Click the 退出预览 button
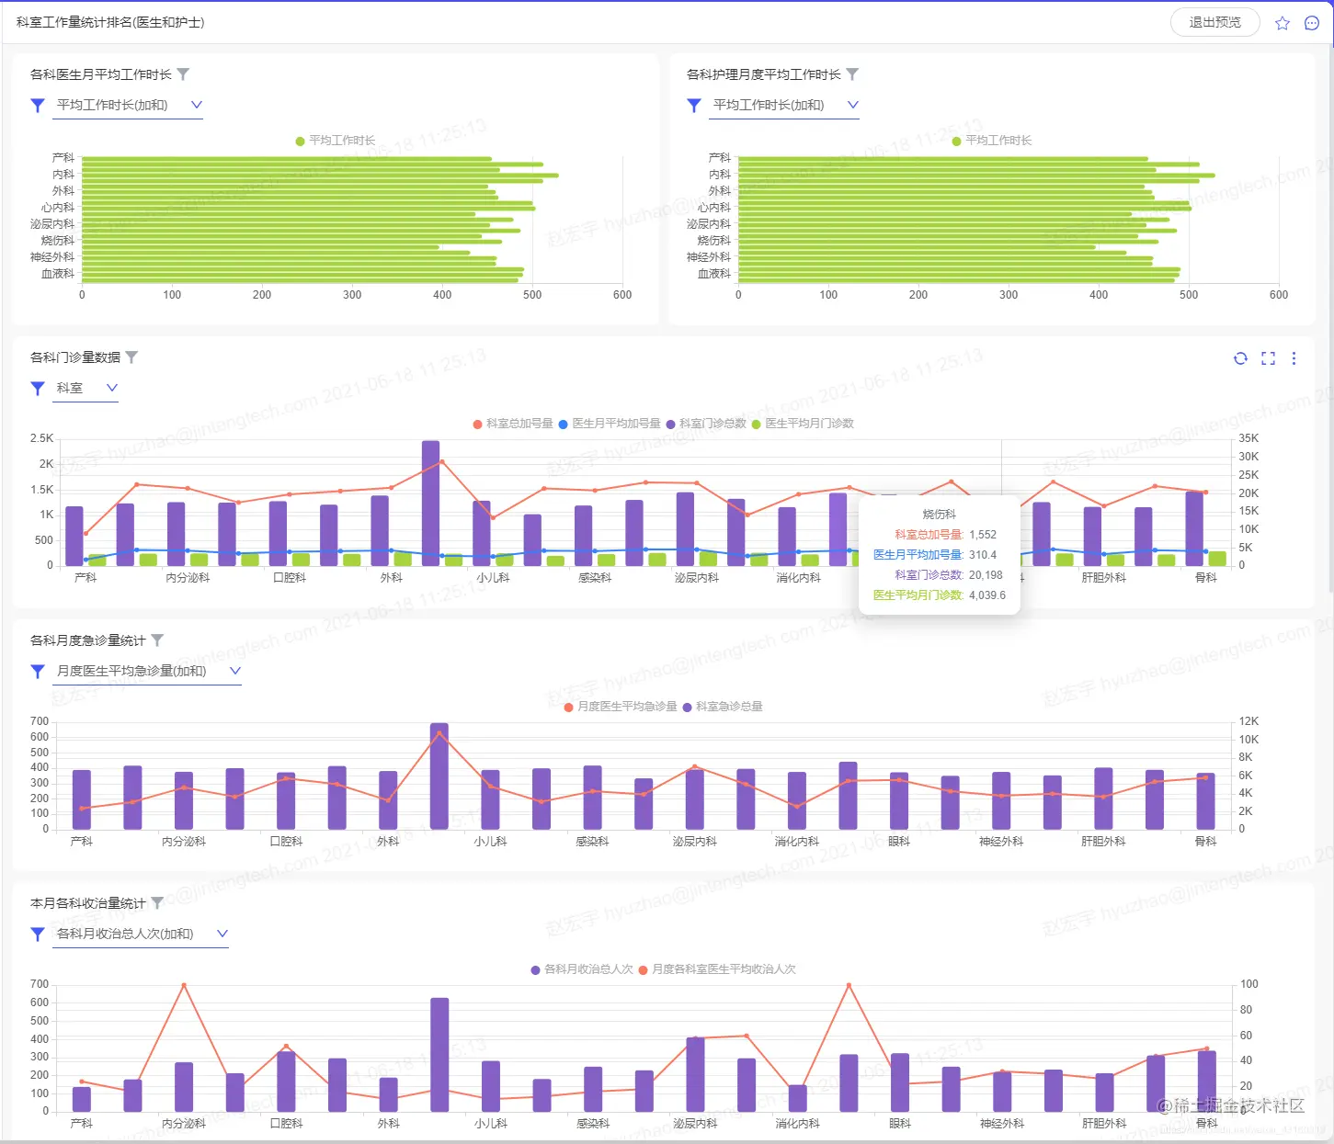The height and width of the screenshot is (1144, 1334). [1214, 22]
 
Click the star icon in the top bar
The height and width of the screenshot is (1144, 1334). [1283, 23]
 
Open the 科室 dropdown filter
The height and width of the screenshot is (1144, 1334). [87, 388]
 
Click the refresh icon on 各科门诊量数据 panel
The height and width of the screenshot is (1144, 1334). [1240, 358]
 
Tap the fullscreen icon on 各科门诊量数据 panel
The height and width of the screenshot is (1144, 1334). [1268, 358]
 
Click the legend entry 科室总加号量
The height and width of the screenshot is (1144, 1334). [519, 424]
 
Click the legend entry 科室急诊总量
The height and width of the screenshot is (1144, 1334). [729, 707]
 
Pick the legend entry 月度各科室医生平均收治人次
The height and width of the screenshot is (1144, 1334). [724, 969]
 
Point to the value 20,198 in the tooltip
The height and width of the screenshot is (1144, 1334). [986, 575]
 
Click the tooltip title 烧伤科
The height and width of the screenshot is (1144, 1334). [939, 515]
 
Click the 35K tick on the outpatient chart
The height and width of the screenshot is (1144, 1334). [1248, 438]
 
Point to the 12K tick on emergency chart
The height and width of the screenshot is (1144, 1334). [1248, 721]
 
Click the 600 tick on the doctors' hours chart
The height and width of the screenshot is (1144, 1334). [622, 295]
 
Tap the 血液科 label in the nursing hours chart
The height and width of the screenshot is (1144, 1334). [713, 274]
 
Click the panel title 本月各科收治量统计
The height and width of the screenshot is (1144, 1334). [87, 903]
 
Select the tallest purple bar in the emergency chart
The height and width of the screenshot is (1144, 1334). [439, 776]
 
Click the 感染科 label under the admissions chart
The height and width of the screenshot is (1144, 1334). [593, 1123]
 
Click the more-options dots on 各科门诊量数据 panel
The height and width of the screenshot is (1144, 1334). [1294, 358]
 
